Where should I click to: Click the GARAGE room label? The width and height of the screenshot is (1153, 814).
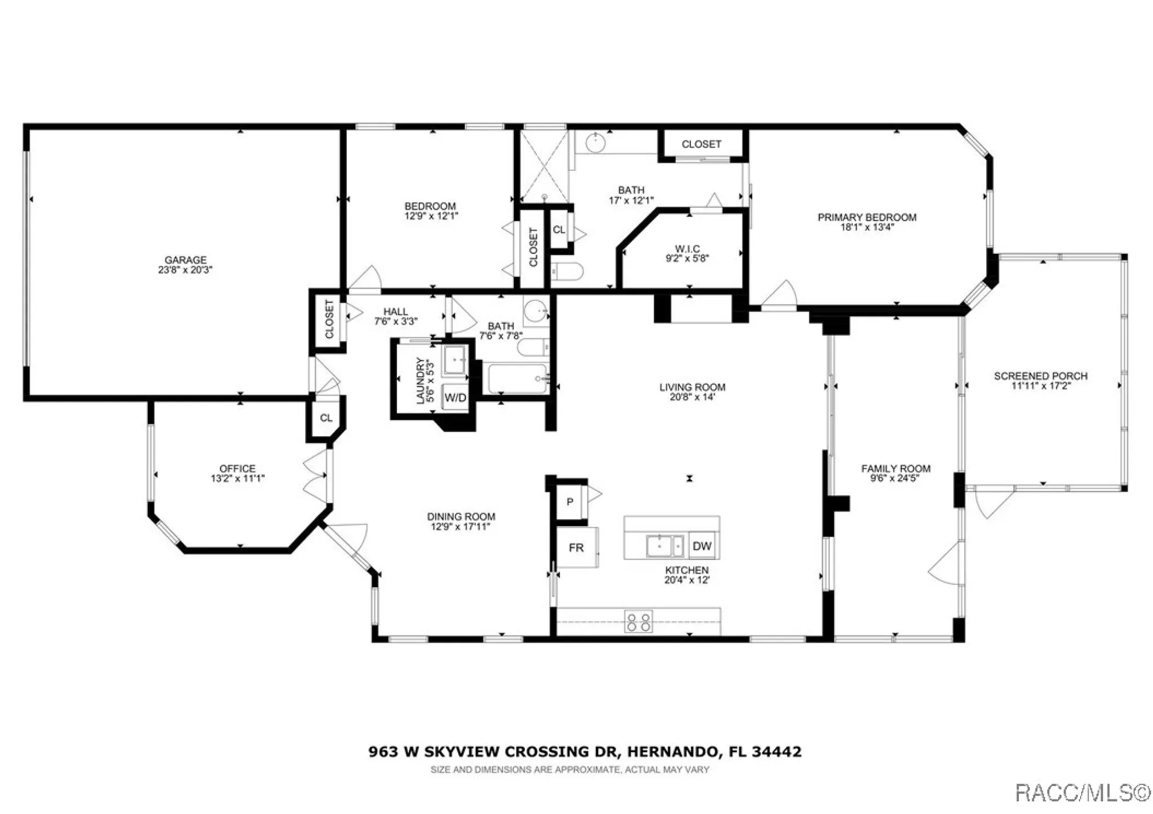click(185, 260)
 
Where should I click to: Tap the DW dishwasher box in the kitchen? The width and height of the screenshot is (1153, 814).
click(702, 546)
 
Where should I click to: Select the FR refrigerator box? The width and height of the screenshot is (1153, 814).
click(576, 548)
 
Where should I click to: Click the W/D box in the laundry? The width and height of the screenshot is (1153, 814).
click(455, 398)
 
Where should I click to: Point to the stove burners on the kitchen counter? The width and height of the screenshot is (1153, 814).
click(639, 621)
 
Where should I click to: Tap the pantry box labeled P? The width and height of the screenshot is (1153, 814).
click(570, 502)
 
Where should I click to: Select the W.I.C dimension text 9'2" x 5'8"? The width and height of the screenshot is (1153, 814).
click(687, 259)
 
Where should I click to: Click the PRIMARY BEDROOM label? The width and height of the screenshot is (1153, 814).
click(866, 217)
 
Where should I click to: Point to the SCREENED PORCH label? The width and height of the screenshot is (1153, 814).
click(1041, 376)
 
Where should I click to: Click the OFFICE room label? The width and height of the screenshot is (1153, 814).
click(237, 469)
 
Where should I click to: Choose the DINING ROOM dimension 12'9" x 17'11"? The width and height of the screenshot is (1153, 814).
click(460, 527)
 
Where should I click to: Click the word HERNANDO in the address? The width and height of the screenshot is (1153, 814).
click(672, 752)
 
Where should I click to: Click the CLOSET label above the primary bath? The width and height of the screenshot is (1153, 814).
click(701, 144)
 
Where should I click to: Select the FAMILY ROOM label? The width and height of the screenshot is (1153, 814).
click(895, 469)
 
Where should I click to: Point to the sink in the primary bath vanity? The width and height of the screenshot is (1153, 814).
click(596, 142)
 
